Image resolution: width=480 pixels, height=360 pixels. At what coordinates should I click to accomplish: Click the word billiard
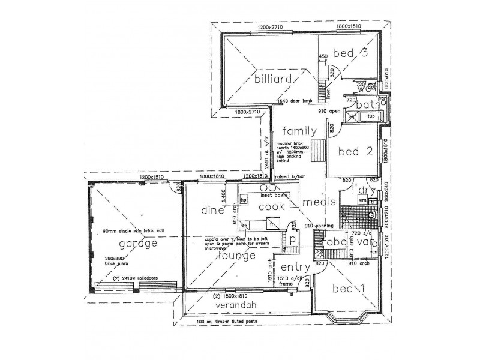(x=273, y=79)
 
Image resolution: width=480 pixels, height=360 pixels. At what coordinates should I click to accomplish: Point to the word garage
(x=138, y=244)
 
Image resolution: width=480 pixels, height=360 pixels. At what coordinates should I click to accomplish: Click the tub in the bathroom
(x=371, y=116)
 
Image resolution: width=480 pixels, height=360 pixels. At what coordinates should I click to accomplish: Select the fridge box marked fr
(x=271, y=223)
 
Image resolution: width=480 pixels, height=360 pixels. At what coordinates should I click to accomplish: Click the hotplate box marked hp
(x=244, y=199)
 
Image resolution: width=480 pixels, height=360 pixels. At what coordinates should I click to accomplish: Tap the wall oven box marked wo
(x=245, y=225)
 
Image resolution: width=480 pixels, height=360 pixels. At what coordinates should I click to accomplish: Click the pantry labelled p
(x=292, y=238)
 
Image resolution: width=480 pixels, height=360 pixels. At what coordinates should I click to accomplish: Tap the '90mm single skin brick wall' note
(x=129, y=230)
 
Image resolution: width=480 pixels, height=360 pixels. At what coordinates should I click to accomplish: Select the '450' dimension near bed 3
(x=323, y=57)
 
